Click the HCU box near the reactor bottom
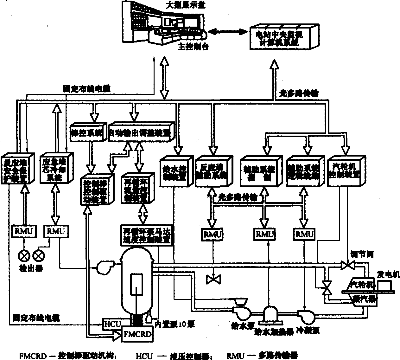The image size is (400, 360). pos(112,324)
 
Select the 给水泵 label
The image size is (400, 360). pos(239,325)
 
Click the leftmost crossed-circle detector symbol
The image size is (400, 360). pos(24,255)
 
